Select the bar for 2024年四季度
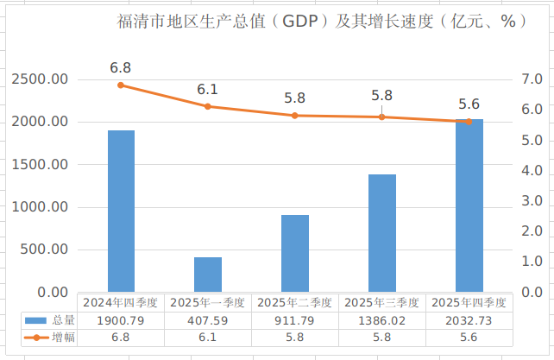point(121,211)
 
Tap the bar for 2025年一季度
point(208,275)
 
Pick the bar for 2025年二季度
point(295,253)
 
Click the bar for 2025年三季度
point(381,233)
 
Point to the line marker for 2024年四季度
point(121,85)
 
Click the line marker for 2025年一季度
point(208,106)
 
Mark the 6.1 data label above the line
point(207,89)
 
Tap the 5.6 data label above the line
point(469,104)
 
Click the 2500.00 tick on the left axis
point(40,79)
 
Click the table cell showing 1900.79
point(121,320)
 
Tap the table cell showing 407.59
point(208,320)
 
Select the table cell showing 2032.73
point(469,320)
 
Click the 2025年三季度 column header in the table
point(381,302)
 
